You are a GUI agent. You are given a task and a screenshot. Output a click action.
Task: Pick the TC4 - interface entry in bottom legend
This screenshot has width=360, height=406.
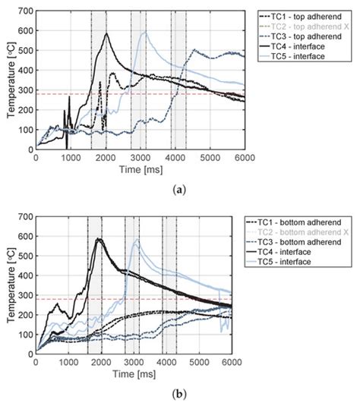pyautogui.click(x=292, y=251)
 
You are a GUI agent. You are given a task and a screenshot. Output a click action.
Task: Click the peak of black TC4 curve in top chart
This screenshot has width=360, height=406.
pyautogui.click(x=107, y=33)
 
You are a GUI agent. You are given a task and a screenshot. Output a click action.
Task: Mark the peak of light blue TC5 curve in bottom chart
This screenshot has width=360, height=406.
pyautogui.click(x=137, y=240)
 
